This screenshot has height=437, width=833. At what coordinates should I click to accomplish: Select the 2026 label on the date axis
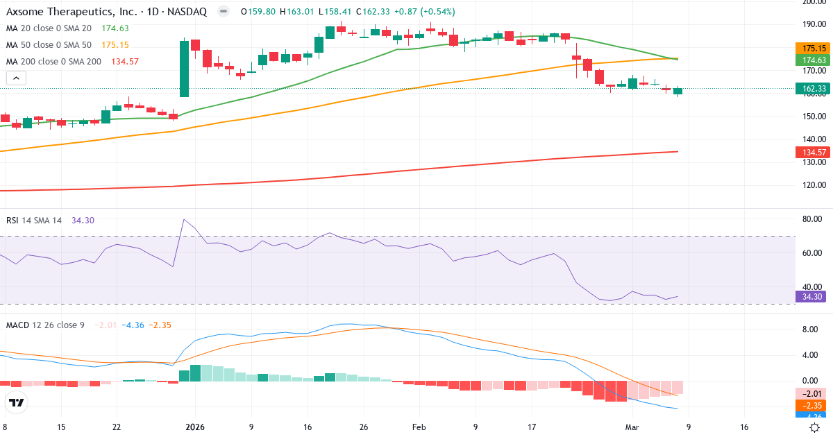pos(194,427)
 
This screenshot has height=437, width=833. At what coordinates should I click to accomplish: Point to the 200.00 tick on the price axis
pos(812,2)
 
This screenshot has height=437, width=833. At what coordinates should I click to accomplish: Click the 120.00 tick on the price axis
pos(812,185)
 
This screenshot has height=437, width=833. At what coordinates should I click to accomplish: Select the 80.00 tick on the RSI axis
pos(812,219)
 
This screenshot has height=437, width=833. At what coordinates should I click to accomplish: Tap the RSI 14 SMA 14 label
pos(34,221)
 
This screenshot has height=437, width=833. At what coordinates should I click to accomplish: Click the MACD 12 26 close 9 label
pos(45,325)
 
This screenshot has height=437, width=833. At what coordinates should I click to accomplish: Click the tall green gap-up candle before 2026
pos(184,69)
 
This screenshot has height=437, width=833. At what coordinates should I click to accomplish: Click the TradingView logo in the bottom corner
pos(17,402)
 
